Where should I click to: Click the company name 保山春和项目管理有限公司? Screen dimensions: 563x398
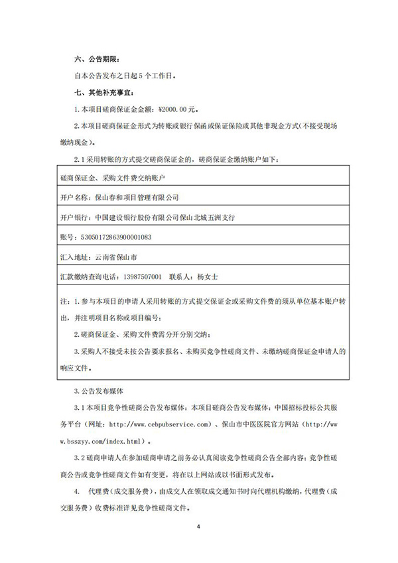138,198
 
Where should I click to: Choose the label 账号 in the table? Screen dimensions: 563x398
66,236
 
